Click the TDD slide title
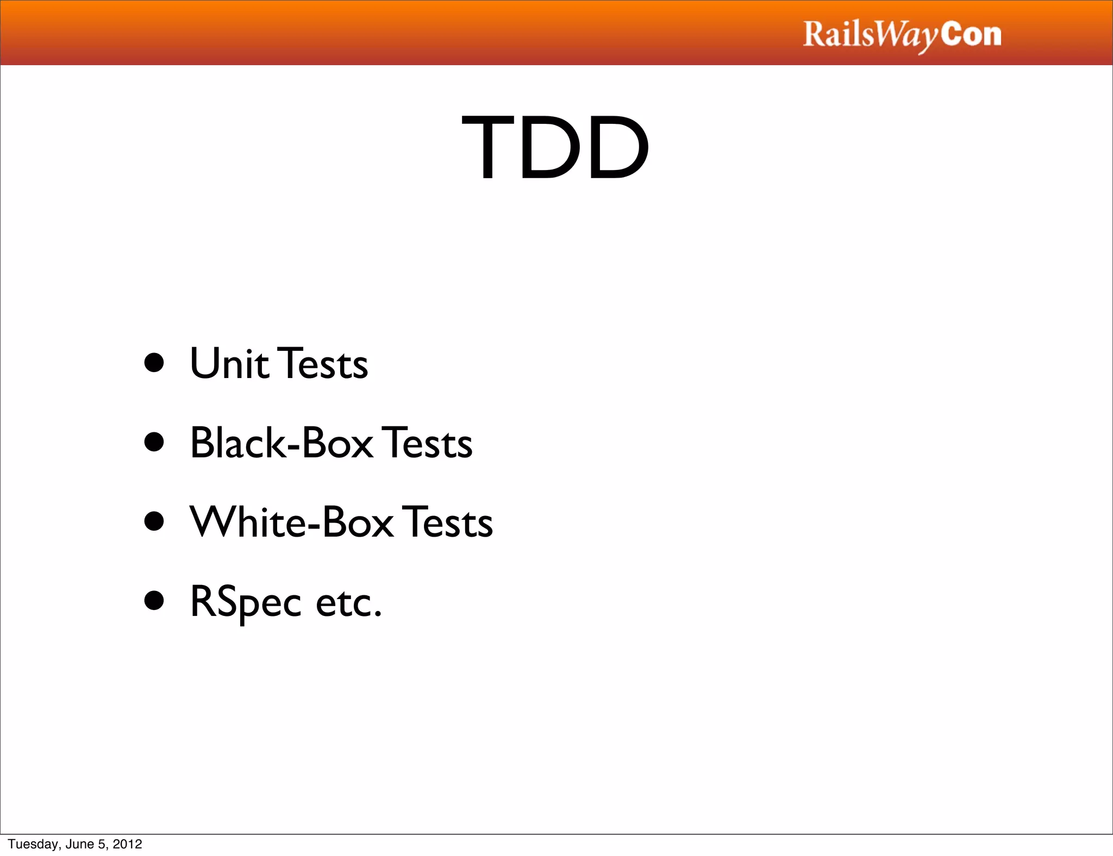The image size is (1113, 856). click(x=555, y=147)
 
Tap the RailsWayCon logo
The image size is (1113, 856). click(x=902, y=35)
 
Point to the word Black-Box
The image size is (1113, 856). click(x=282, y=443)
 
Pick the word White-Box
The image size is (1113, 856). click(x=292, y=522)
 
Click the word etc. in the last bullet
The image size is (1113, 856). click(x=349, y=602)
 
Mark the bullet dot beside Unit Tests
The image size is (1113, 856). click(x=154, y=363)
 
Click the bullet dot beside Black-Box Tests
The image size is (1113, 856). click(x=154, y=442)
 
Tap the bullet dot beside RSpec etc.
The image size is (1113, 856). click(x=154, y=601)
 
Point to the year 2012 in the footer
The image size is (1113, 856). click(x=127, y=844)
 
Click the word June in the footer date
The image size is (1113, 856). click(x=79, y=844)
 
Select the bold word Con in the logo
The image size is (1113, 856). click(x=971, y=34)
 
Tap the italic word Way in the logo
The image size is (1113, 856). click(x=907, y=36)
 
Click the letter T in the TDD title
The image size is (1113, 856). click(x=486, y=147)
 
